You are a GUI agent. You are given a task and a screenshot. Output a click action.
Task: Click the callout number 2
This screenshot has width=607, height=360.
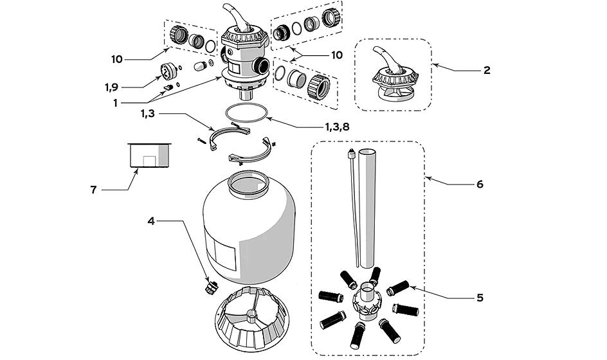click(x=486, y=70)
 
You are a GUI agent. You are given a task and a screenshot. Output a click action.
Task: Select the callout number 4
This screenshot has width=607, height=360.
click(x=151, y=221)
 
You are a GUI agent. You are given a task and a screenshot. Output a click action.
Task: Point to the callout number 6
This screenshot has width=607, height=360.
click(x=479, y=184)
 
